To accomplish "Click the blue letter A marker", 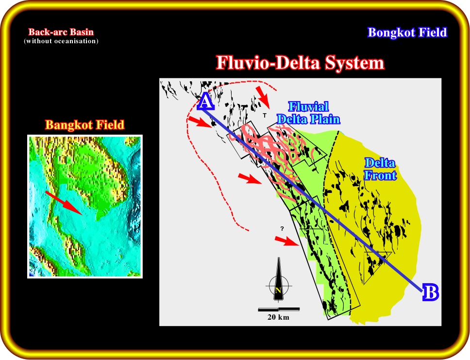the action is tap(205, 102).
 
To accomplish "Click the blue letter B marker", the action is tap(431, 292).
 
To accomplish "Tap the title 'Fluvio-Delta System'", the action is tap(301, 63).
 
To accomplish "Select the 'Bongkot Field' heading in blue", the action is tap(407, 33).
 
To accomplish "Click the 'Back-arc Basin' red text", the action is tap(61, 32).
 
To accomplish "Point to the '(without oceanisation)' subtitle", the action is tap(61, 41).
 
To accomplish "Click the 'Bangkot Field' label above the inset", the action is tap(85, 124).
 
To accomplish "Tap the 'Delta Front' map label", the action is tap(380, 169).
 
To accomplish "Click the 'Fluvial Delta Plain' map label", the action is tap(308, 113).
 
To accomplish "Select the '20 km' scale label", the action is tap(279, 317).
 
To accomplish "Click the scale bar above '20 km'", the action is tap(279, 309).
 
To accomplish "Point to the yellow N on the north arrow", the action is tap(278, 291).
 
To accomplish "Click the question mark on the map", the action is tap(282, 229).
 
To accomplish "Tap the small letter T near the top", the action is tap(264, 115).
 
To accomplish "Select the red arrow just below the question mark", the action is tap(286, 241).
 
